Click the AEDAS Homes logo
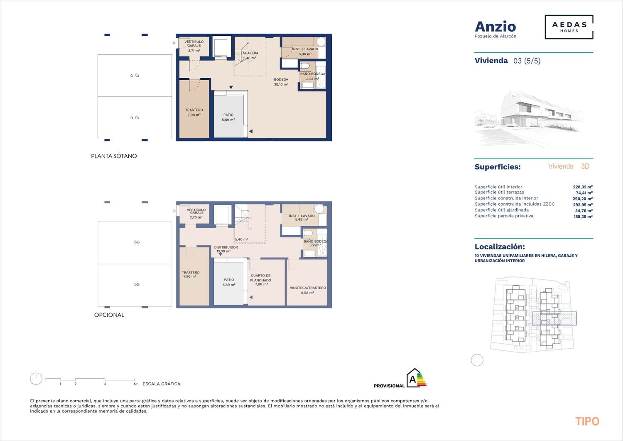pyautogui.click(x=569, y=27)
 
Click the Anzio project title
pyautogui.click(x=495, y=27)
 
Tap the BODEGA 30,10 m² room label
pyautogui.click(x=281, y=82)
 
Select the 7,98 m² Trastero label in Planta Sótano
pyautogui.click(x=194, y=113)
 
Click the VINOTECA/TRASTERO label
pyautogui.click(x=308, y=288)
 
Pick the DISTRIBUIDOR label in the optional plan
pyautogui.click(x=226, y=247)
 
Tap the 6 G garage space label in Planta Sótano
pyautogui.click(x=135, y=76)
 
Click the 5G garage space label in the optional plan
pyautogui.click(x=137, y=284)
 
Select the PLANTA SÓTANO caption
pyautogui.click(x=114, y=156)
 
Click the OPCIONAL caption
pyautogui.click(x=109, y=315)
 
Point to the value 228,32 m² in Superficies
pyautogui.click(x=583, y=187)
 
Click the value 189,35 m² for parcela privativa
pyautogui.click(x=583, y=216)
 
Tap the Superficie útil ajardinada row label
pyautogui.click(x=502, y=210)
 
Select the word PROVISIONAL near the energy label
pyautogui.click(x=389, y=386)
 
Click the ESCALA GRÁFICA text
pyautogui.click(x=161, y=384)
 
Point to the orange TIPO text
pyautogui.click(x=587, y=421)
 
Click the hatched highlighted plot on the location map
pyautogui.click(x=554, y=318)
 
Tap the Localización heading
pyautogui.click(x=500, y=246)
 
